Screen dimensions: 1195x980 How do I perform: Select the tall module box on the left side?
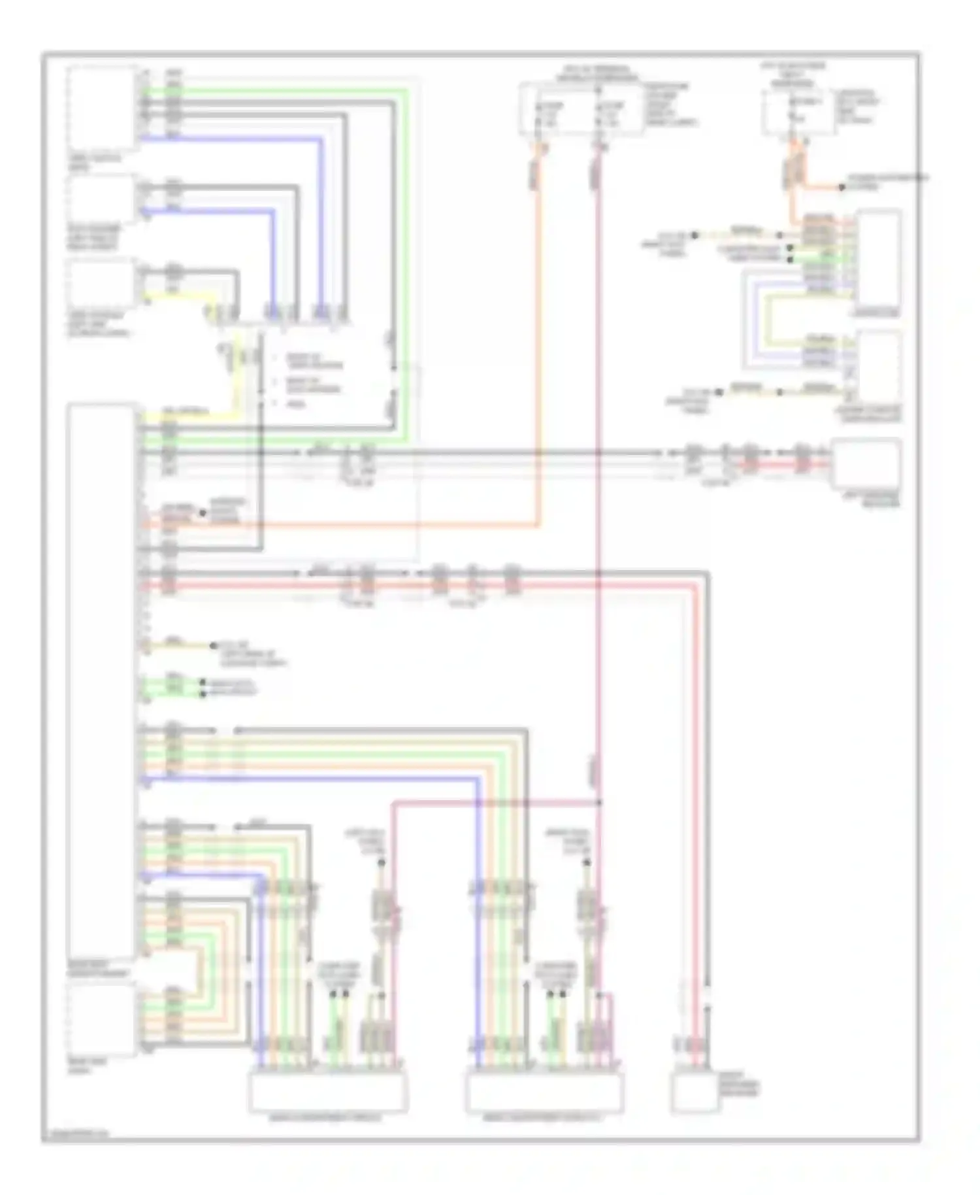(102, 680)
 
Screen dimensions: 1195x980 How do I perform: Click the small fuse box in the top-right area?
(798, 112)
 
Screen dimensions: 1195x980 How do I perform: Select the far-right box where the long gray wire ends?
(866, 463)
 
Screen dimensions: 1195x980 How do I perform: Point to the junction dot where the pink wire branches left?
(598, 801)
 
